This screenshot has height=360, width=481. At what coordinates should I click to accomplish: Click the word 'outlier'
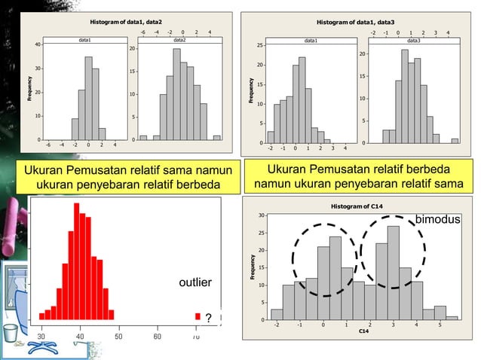(195, 282)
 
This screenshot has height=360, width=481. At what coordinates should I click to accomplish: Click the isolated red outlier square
(198, 316)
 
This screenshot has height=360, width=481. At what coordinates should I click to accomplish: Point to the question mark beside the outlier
(208, 316)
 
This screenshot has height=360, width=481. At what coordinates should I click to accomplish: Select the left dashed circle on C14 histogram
(323, 260)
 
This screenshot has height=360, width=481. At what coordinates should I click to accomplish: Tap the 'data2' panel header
(179, 39)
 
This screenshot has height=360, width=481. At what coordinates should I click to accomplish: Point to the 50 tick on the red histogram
(119, 336)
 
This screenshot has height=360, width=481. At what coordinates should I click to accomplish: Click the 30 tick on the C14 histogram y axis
(261, 215)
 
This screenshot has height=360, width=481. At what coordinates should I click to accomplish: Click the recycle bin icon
(11, 332)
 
